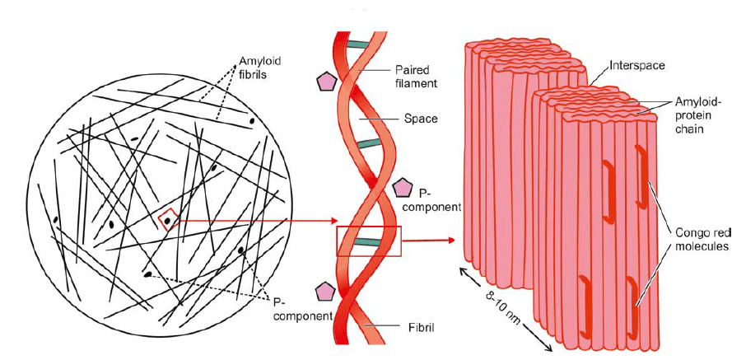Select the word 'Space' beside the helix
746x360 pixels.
(420, 119)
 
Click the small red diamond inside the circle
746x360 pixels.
(168, 219)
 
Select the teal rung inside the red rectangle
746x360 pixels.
(368, 242)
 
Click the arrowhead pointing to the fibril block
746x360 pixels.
(452, 241)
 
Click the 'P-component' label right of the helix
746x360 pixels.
(434, 200)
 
